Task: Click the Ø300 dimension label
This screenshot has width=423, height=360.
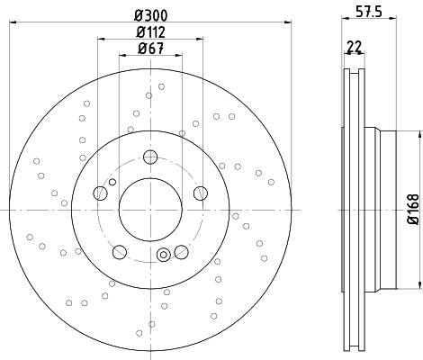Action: click(150, 15)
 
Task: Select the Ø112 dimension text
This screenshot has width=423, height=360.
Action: click(150, 32)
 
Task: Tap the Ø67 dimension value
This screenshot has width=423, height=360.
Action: click(150, 49)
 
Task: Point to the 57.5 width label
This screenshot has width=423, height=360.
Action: click(369, 13)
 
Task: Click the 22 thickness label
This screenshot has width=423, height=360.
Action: click(355, 47)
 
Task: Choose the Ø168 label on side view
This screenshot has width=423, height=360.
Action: click(413, 209)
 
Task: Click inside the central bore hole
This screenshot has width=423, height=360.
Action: click(150, 210)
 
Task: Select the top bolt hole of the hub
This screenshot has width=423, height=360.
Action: click(150, 157)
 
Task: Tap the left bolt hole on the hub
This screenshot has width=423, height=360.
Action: click(100, 193)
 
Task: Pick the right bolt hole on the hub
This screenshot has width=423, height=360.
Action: click(201, 193)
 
